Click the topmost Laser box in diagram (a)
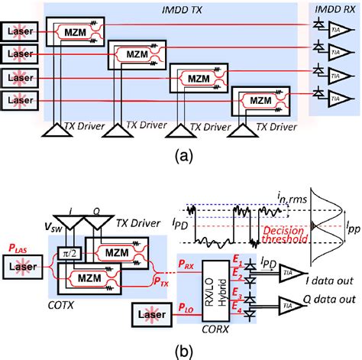(x=19, y=33)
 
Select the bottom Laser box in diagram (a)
(x=19, y=101)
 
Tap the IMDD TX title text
(x=178, y=8)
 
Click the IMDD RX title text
(x=335, y=8)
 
